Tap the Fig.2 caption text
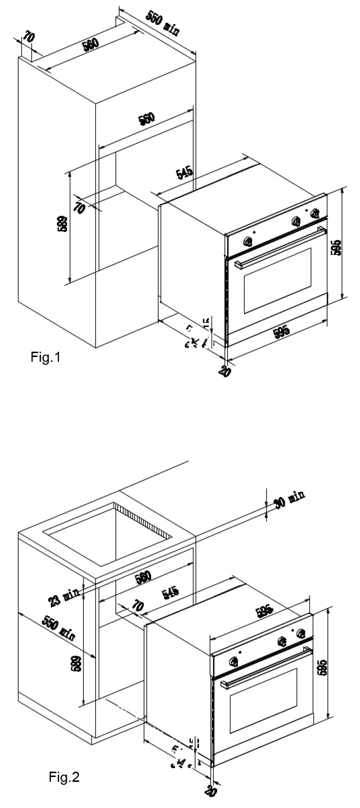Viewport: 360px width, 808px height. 64,778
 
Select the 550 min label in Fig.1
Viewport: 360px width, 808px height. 163,22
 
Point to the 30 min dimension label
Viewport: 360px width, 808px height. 289,499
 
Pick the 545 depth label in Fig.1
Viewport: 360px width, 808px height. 184,172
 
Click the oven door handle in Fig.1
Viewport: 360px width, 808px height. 279,248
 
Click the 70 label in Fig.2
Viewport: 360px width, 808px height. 138,606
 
